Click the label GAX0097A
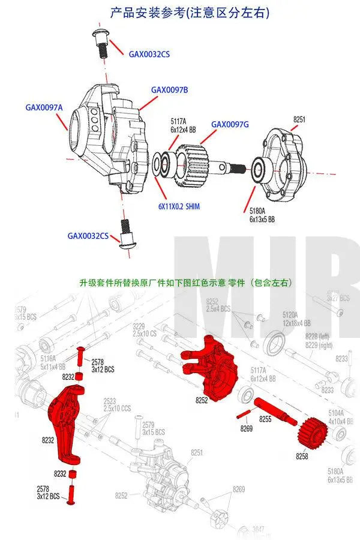44,108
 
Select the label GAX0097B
169,90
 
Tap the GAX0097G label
230,124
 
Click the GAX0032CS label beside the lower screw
88,236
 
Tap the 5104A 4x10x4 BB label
336,416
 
